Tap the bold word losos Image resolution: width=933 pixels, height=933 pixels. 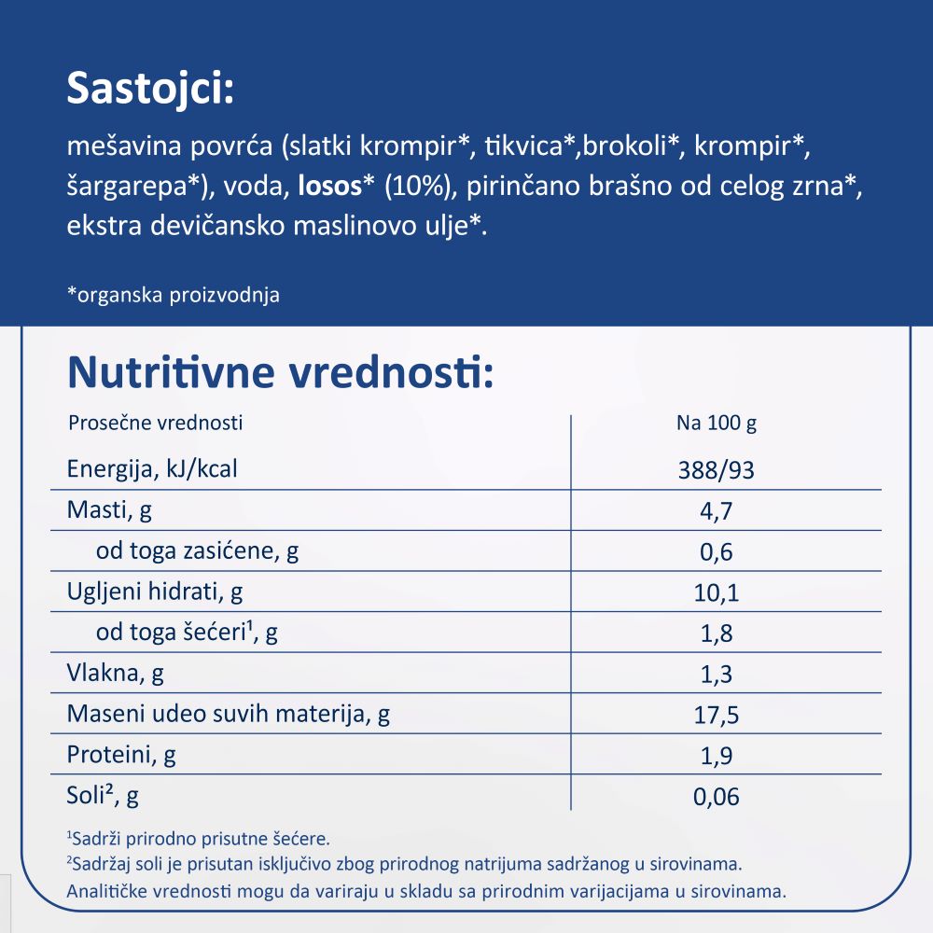click(x=328, y=188)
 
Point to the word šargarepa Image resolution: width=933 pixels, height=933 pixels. click(x=129, y=188)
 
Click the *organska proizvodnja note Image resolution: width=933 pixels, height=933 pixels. click(x=174, y=295)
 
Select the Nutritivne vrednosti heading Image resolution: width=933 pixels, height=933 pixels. click(x=279, y=373)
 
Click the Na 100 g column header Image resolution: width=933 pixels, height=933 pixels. click(x=717, y=423)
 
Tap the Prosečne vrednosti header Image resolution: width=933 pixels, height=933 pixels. click(x=156, y=423)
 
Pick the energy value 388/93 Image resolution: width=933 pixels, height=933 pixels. click(x=717, y=470)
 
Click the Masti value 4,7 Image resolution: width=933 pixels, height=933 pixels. click(x=717, y=511)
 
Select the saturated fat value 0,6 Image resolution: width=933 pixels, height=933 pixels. click(x=717, y=552)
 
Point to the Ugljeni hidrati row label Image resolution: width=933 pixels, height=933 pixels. click(x=155, y=592)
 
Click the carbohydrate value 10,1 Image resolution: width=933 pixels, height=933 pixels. click(x=717, y=593)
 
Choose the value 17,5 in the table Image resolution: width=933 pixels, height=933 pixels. click(x=717, y=716)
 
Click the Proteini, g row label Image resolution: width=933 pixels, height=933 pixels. click(x=121, y=754)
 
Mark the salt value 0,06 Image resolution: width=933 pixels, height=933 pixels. click(x=717, y=797)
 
